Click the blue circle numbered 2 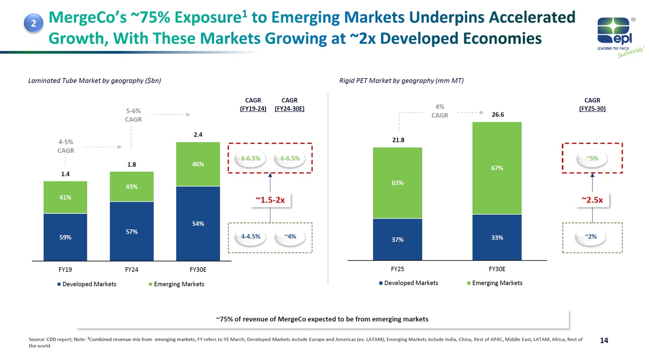(x=33, y=23)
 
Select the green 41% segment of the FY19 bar (x=65, y=197)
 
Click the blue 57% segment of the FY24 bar (x=131, y=231)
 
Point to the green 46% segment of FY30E (x=198, y=164)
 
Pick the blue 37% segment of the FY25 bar (x=397, y=239)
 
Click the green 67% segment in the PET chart (x=497, y=168)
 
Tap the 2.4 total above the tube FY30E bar (x=198, y=134)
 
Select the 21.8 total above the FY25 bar (x=398, y=140)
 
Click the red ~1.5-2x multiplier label (x=270, y=200)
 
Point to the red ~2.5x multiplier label (x=592, y=200)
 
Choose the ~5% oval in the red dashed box (x=592, y=158)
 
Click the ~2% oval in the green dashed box (x=591, y=237)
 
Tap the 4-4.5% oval (x=251, y=237)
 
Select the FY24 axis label (x=131, y=270)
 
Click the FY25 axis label (x=397, y=269)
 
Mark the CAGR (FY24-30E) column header (x=290, y=104)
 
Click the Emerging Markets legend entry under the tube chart (x=177, y=284)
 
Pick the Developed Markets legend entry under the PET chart (x=408, y=283)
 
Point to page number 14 (x=604, y=340)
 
